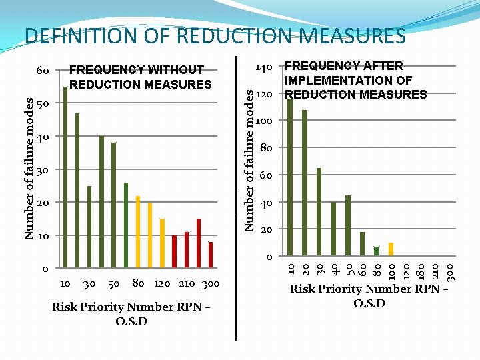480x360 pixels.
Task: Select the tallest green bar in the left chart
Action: pos(65,177)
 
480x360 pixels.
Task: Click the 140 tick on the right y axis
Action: pos(263,67)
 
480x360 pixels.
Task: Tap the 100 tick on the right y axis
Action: pos(263,121)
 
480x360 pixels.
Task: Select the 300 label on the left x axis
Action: pos(210,283)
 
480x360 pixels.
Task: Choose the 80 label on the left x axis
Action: pos(138,283)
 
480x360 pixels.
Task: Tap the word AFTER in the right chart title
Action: pos(383,66)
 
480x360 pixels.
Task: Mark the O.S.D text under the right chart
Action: pos(369,304)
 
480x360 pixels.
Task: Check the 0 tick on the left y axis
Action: pos(45,269)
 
